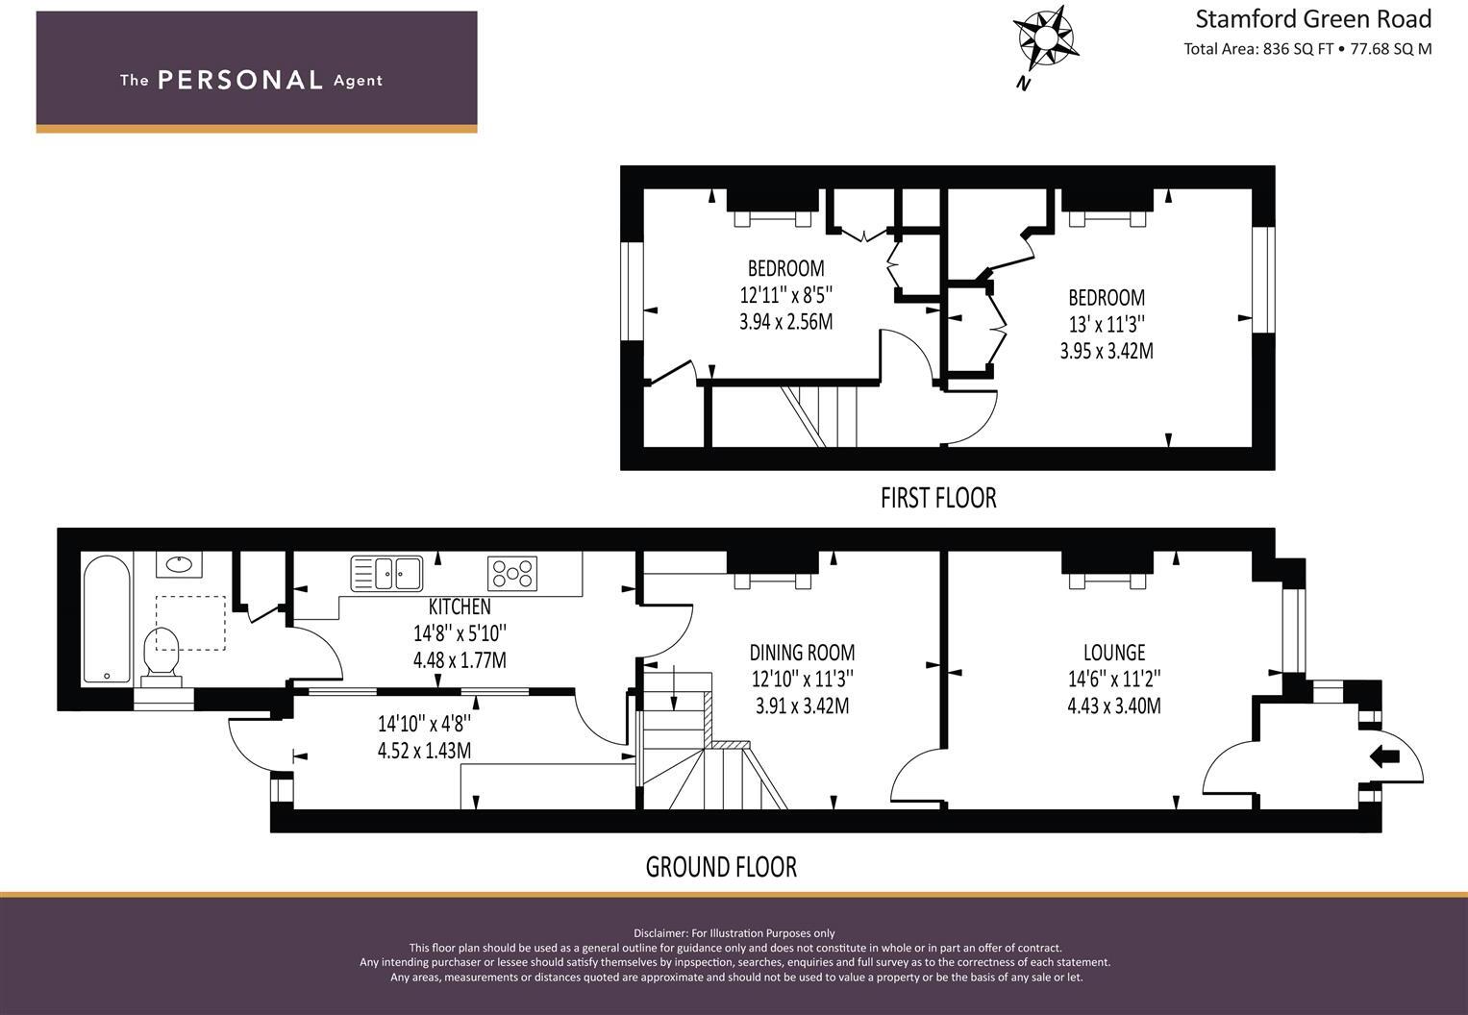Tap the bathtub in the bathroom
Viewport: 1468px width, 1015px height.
point(107,619)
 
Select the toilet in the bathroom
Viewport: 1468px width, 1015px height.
point(162,655)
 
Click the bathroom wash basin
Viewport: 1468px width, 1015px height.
point(179,564)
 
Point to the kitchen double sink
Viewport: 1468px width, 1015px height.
point(387,574)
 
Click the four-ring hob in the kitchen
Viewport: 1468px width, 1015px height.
point(512,574)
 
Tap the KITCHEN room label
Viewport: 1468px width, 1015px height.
point(460,607)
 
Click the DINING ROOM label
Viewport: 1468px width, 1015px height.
point(802,653)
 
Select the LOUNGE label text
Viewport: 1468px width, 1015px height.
point(1114,653)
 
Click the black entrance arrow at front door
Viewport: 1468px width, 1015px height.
point(1383,757)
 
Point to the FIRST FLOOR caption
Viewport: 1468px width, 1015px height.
point(938,498)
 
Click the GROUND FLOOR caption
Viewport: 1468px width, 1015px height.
point(721,867)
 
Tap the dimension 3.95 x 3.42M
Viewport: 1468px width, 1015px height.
point(1107,351)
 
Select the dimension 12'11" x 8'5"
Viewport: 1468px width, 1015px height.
point(785,294)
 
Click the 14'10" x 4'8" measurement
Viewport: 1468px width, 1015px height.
point(424,723)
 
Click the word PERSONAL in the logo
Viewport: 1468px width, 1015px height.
point(239,80)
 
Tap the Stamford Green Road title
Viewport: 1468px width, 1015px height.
point(1312,18)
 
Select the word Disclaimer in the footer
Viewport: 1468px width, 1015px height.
point(660,933)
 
